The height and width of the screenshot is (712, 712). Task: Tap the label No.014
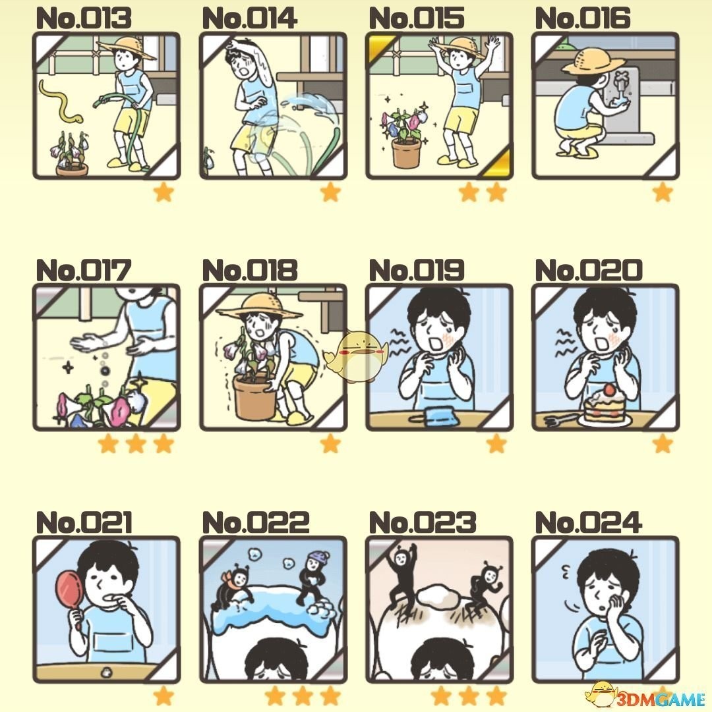(x=249, y=18)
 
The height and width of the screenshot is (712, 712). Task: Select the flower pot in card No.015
(x=406, y=153)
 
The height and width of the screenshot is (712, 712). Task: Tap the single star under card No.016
(x=663, y=192)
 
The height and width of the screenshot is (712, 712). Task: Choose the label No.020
(x=589, y=270)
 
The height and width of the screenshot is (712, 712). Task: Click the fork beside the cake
(x=559, y=419)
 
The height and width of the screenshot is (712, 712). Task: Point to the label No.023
(x=422, y=522)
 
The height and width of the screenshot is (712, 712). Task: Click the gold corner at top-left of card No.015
(x=378, y=46)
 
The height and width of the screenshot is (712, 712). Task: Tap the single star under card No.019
(x=496, y=443)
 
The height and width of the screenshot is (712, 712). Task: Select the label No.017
(x=84, y=270)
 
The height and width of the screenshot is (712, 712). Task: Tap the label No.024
(x=589, y=522)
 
